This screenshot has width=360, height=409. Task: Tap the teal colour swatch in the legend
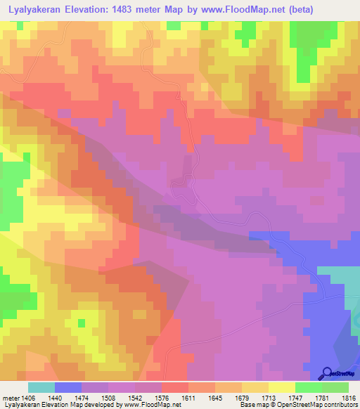(41, 387)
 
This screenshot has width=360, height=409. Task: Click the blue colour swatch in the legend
(68, 387)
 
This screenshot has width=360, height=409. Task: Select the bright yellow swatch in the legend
(282, 387)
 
